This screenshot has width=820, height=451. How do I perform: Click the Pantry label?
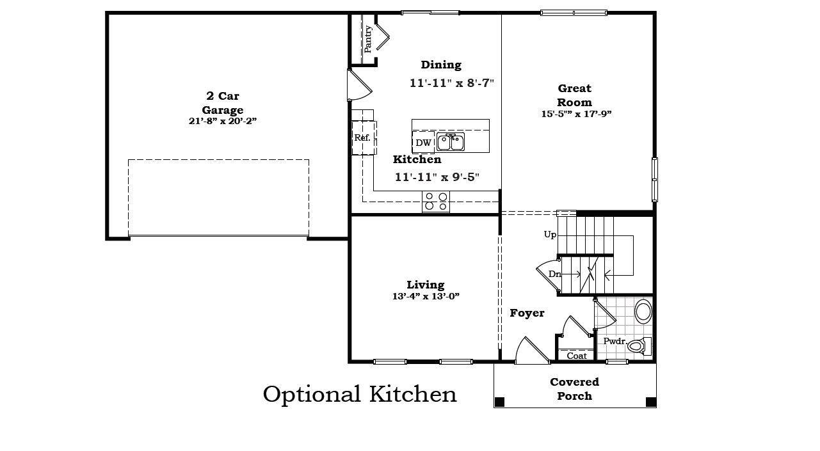(x=368, y=38)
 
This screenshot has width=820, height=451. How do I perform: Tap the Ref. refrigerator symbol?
(x=363, y=138)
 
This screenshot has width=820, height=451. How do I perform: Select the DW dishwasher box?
(x=423, y=143)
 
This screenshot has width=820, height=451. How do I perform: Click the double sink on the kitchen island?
(x=451, y=142)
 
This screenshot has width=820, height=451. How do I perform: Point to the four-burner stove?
(x=435, y=202)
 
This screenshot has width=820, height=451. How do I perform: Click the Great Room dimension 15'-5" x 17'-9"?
(x=576, y=115)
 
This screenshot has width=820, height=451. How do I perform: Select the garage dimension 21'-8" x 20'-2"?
(x=223, y=121)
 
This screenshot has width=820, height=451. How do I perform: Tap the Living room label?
(x=426, y=285)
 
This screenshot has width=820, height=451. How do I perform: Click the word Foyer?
(x=527, y=313)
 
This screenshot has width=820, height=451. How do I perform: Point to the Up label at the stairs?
(x=550, y=235)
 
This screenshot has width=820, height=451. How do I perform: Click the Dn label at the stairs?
(x=554, y=274)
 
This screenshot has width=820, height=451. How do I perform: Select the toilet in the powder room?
(x=638, y=346)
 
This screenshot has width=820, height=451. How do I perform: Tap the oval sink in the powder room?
(x=643, y=312)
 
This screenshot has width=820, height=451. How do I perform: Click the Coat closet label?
(x=577, y=356)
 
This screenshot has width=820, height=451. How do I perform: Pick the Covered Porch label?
(x=574, y=389)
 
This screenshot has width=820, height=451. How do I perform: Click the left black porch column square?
(x=500, y=402)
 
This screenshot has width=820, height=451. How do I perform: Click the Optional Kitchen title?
(x=360, y=394)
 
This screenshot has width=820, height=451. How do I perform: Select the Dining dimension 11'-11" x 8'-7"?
(x=452, y=83)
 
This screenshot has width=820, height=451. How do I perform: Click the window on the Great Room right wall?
(x=654, y=179)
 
